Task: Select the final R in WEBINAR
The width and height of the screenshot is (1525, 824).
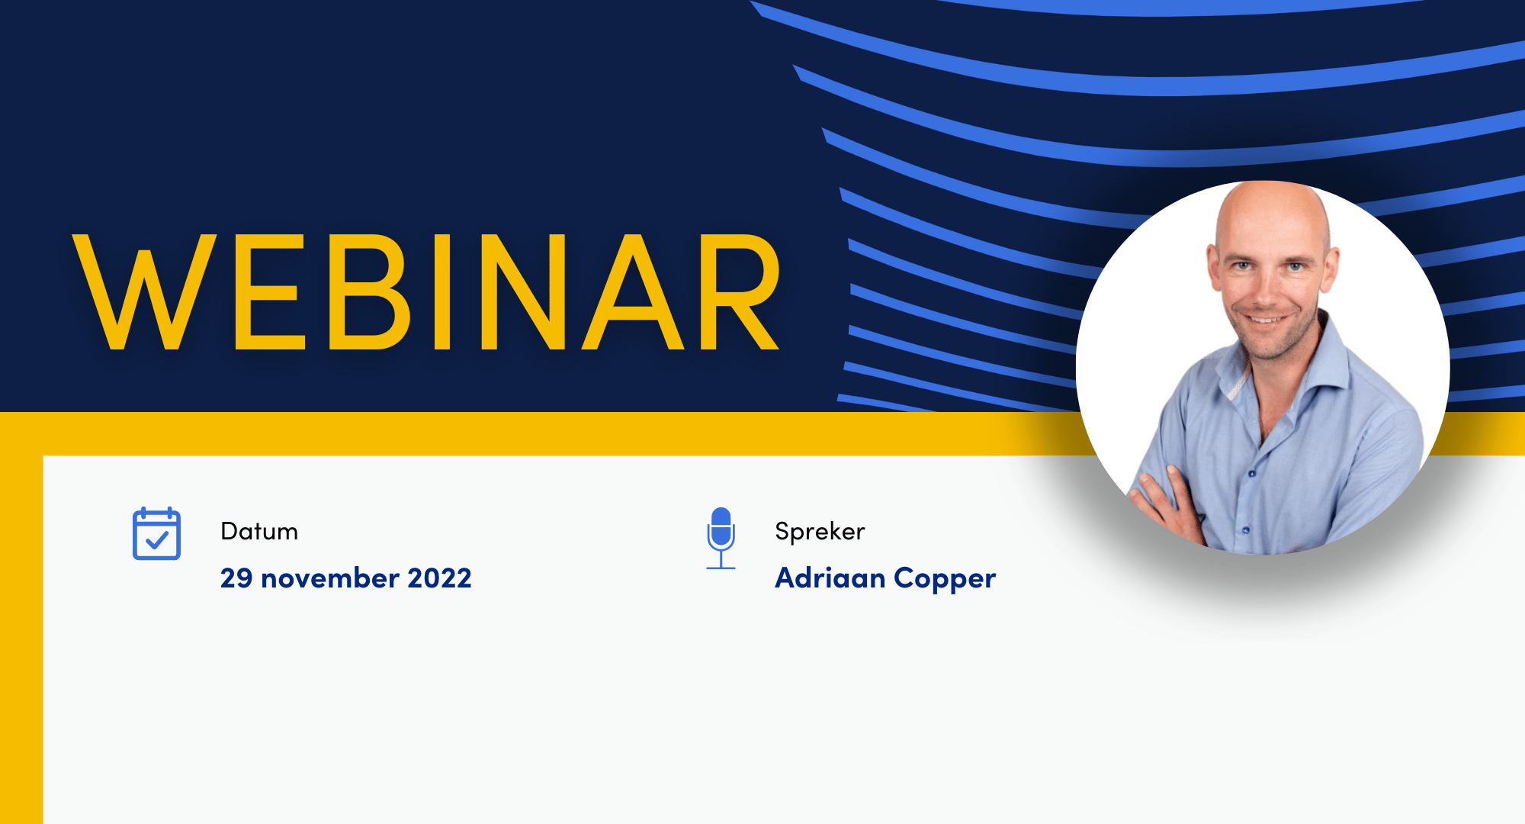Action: pyautogui.click(x=738, y=291)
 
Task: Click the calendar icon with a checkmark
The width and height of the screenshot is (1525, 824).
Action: pyautogui.click(x=156, y=533)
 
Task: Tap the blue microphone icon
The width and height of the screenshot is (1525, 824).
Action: pyautogui.click(x=721, y=538)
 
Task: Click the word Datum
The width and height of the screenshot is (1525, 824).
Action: pyautogui.click(x=259, y=531)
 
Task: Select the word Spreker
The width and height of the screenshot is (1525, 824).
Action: pyautogui.click(x=820, y=532)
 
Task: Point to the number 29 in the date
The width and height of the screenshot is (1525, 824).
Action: pyautogui.click(x=236, y=578)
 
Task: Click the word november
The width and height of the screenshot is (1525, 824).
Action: pyautogui.click(x=330, y=578)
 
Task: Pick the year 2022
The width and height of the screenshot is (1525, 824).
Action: pyautogui.click(x=440, y=578)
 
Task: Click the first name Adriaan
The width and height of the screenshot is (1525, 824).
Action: pyautogui.click(x=830, y=578)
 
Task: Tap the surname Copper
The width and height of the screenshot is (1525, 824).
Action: pyautogui.click(x=945, y=580)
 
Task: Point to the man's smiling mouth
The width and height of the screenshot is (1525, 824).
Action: pyautogui.click(x=1267, y=319)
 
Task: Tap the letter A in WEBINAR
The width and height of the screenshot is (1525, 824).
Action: pyautogui.click(x=633, y=291)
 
